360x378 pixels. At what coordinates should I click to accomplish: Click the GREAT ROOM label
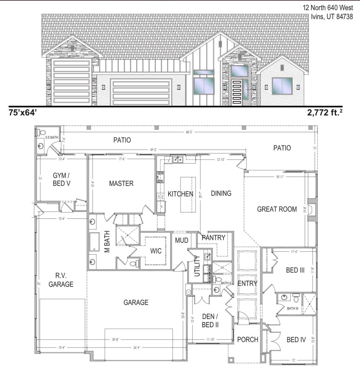tap(277, 209)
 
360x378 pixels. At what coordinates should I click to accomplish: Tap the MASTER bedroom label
tap(121, 184)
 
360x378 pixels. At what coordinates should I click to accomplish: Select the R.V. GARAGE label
tap(61, 280)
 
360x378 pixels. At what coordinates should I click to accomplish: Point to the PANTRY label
tap(213, 237)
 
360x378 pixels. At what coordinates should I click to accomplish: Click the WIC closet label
tap(156, 251)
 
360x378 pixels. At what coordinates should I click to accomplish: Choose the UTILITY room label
tap(197, 266)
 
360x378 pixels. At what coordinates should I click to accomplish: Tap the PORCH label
tap(247, 340)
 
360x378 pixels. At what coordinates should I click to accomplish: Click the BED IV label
tap(296, 340)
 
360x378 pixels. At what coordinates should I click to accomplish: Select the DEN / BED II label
tap(210, 321)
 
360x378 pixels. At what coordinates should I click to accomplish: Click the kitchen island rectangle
tap(188, 194)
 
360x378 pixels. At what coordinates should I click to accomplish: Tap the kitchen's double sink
tap(178, 159)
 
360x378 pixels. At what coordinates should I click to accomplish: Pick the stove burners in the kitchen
tap(160, 177)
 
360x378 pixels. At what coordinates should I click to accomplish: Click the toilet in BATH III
tap(296, 297)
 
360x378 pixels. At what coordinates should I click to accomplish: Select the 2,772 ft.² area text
tap(325, 113)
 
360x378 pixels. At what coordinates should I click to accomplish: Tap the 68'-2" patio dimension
tap(189, 132)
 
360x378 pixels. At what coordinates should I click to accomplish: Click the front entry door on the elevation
tap(236, 92)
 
